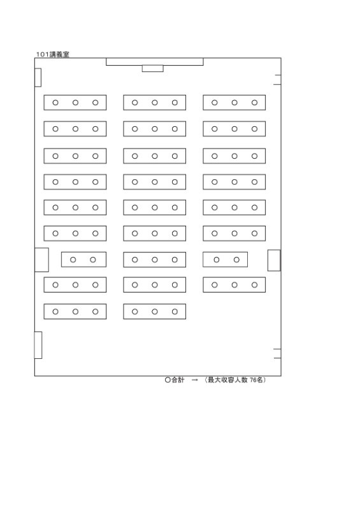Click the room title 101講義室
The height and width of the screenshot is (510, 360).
click(x=53, y=54)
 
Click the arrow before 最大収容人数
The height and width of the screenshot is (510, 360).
click(x=194, y=380)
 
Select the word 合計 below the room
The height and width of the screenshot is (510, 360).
click(x=178, y=380)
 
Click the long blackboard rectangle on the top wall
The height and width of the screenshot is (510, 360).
click(x=154, y=61)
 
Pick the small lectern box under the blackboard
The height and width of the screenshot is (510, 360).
click(x=152, y=68)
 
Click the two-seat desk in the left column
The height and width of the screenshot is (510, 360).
click(x=83, y=259)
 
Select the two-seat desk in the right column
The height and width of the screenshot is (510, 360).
click(x=225, y=259)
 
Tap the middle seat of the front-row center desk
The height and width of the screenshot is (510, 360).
click(x=155, y=103)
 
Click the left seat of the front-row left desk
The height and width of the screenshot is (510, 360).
click(x=55, y=103)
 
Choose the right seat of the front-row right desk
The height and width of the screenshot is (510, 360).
click(x=254, y=103)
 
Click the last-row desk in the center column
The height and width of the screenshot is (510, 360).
click(x=154, y=311)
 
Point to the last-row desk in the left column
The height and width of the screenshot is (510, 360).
click(x=75, y=311)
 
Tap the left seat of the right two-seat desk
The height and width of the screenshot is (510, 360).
click(x=216, y=259)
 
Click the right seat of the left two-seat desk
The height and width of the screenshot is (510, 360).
click(x=92, y=259)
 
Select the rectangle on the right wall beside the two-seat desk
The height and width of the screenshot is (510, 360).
click(x=274, y=260)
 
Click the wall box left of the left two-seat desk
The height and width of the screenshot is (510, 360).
click(x=41, y=259)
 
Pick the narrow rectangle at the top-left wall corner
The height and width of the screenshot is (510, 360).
click(x=38, y=77)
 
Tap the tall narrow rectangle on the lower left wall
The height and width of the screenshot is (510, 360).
click(x=38, y=345)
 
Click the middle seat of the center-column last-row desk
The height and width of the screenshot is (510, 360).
click(x=155, y=312)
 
